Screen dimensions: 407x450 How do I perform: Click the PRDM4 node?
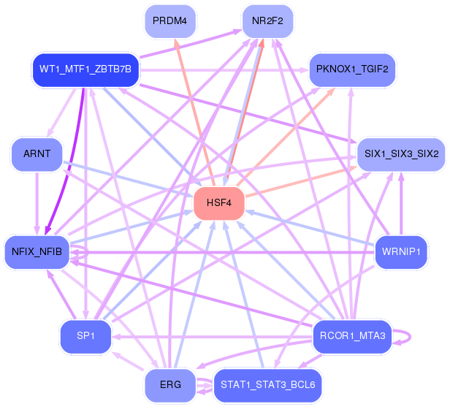point(170,21)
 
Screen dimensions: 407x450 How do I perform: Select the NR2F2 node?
point(268,21)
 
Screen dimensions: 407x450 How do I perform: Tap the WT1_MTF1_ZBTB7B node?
point(85,70)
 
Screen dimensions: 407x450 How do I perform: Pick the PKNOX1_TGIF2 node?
point(352,70)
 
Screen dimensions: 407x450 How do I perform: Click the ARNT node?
point(37,154)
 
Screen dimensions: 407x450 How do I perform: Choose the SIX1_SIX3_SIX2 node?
point(401,154)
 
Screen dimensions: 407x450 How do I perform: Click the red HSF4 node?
point(219,202)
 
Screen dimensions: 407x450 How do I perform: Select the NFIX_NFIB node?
point(37,252)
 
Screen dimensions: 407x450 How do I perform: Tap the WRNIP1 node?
point(401,252)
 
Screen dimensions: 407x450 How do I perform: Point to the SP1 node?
point(85,336)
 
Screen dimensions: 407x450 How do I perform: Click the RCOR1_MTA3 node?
point(352,336)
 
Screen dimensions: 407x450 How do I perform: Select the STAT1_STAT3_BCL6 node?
point(268,385)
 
